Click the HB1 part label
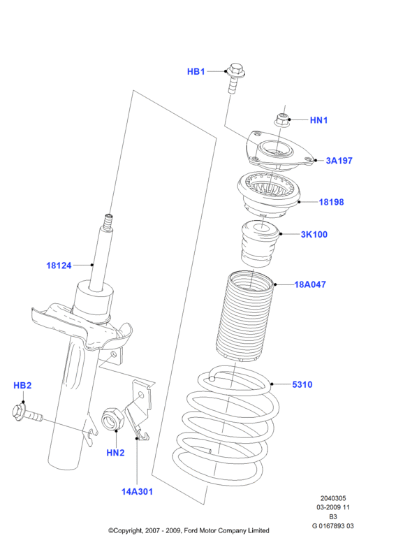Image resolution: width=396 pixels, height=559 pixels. (x=196, y=72)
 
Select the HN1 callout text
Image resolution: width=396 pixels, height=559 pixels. (x=318, y=120)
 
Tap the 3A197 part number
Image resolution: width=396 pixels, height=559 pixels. (x=339, y=161)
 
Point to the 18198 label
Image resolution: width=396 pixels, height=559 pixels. (x=331, y=202)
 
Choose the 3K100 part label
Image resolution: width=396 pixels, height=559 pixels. (x=314, y=235)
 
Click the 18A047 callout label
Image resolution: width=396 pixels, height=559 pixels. (x=310, y=284)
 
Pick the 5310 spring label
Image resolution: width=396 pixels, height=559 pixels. (x=302, y=385)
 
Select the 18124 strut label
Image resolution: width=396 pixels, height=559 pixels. (x=59, y=266)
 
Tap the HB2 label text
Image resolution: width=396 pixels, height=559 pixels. (x=22, y=386)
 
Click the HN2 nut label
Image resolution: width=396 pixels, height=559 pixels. (x=115, y=453)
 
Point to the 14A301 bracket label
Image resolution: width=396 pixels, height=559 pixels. (x=137, y=492)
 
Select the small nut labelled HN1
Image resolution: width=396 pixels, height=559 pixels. (x=282, y=119)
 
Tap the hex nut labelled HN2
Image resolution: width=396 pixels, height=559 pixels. (x=112, y=419)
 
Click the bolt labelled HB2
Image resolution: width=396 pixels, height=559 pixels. (x=27, y=414)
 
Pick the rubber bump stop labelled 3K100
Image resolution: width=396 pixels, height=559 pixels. (x=260, y=244)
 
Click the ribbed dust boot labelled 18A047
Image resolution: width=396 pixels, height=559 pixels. (x=244, y=317)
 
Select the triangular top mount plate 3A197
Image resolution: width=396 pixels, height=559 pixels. (x=280, y=151)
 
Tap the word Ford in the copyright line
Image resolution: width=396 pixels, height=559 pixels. (x=191, y=531)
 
